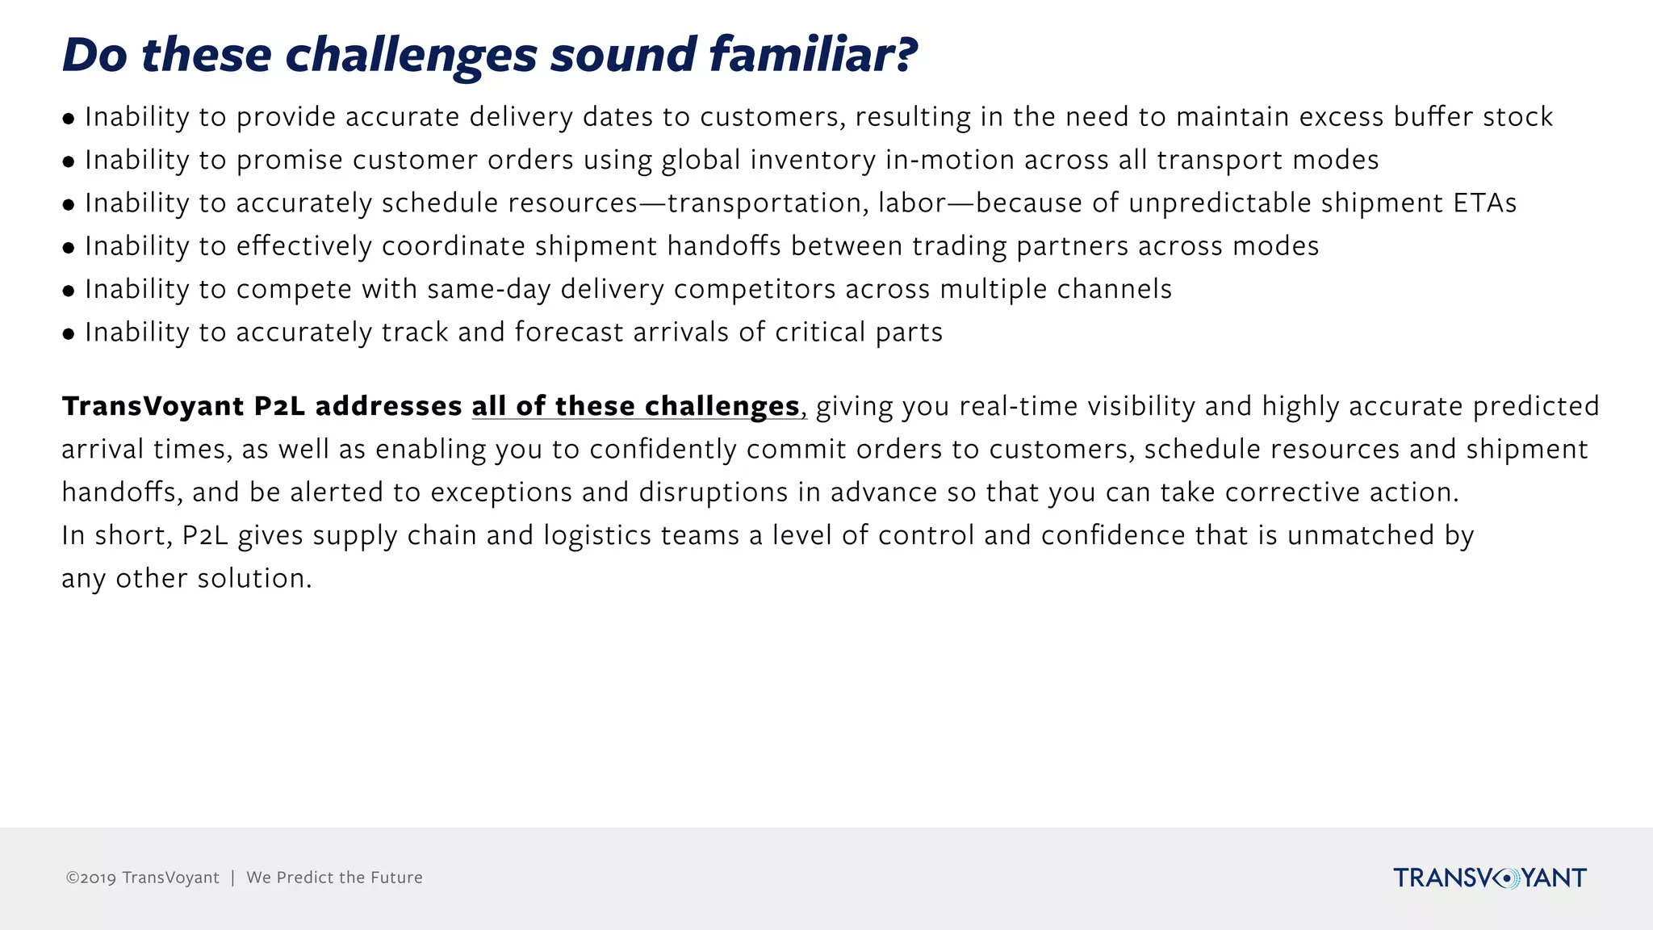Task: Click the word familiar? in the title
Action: [x=813, y=55]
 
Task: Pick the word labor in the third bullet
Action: [x=912, y=203]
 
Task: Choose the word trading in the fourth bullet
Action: [x=960, y=246]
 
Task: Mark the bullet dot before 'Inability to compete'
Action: [x=69, y=291]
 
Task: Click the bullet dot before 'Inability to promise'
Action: [x=69, y=161]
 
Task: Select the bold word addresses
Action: [x=388, y=406]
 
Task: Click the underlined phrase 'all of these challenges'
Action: [x=635, y=406]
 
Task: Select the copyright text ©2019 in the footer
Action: [x=91, y=878]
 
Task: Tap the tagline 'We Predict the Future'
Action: [x=334, y=878]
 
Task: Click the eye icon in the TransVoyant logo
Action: [x=1506, y=878]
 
